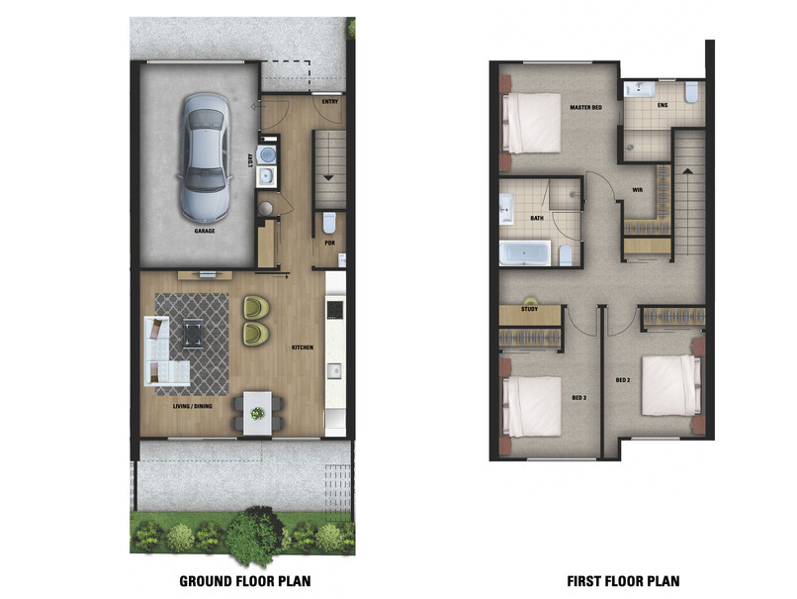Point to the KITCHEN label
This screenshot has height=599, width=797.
(302, 348)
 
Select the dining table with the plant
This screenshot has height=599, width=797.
(257, 409)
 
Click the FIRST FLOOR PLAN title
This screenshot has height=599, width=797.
(623, 580)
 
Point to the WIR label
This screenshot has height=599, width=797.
(638, 191)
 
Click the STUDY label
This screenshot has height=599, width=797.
(529, 310)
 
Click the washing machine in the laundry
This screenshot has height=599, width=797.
(267, 156)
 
